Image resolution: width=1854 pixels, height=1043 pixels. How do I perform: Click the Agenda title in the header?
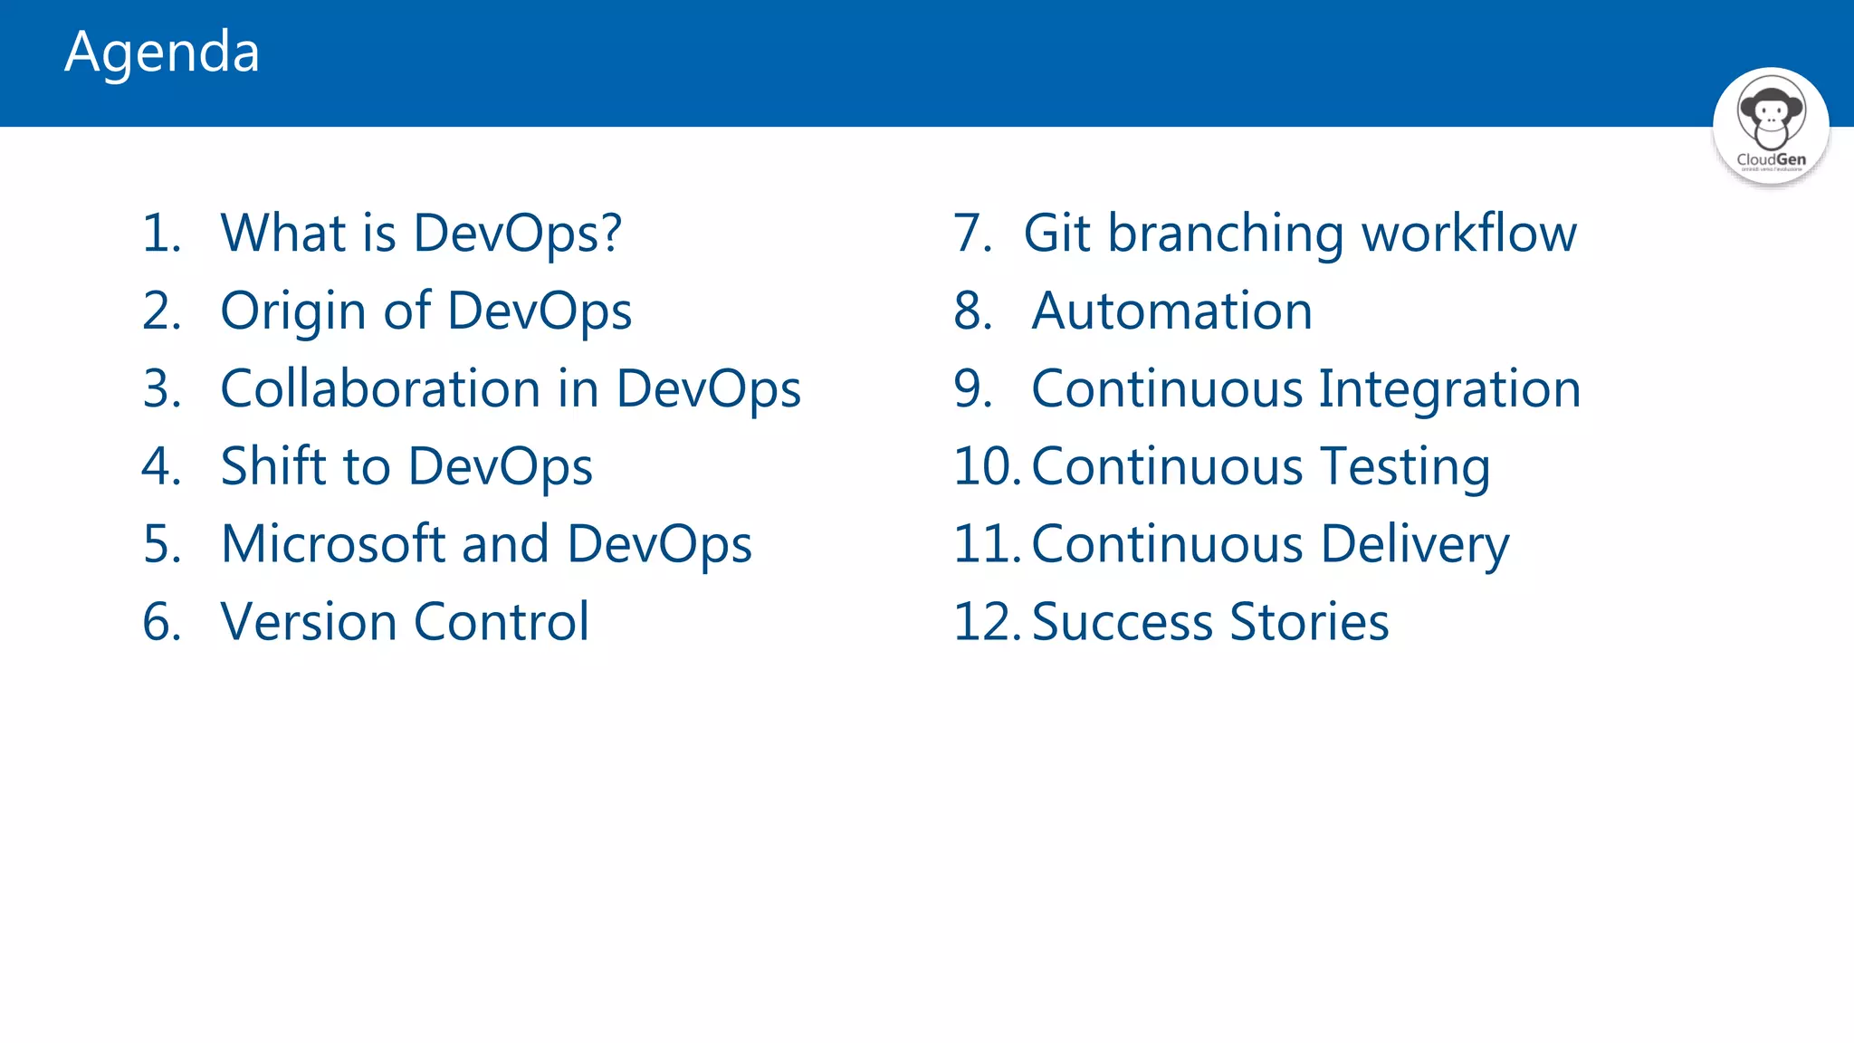point(162,53)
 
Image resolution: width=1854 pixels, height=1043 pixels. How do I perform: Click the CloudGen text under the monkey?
point(1771,159)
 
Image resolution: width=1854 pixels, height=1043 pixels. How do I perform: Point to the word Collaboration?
point(380,389)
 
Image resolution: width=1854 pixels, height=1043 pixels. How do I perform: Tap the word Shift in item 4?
point(272,467)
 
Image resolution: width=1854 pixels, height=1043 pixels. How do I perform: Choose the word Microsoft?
point(332,545)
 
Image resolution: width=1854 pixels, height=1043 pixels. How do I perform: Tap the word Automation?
point(1171,311)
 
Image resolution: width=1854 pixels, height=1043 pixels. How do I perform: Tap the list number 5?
point(161,545)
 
